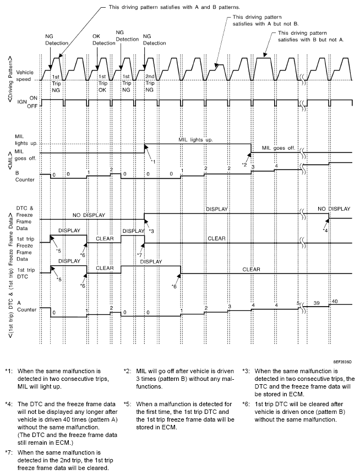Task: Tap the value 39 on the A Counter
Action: click(x=317, y=303)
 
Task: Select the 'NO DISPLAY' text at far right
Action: click(x=334, y=209)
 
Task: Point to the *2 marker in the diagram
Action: click(x=244, y=165)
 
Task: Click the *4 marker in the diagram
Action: click(x=325, y=229)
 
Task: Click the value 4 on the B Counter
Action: click(x=277, y=165)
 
